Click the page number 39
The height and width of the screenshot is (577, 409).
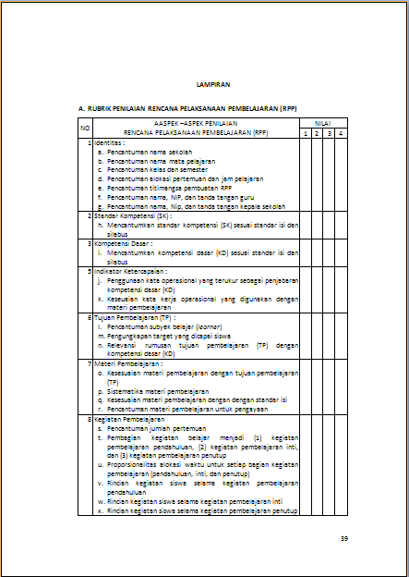pos(343,539)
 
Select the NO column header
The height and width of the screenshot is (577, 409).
pos(85,129)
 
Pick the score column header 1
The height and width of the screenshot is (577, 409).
pos(306,135)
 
